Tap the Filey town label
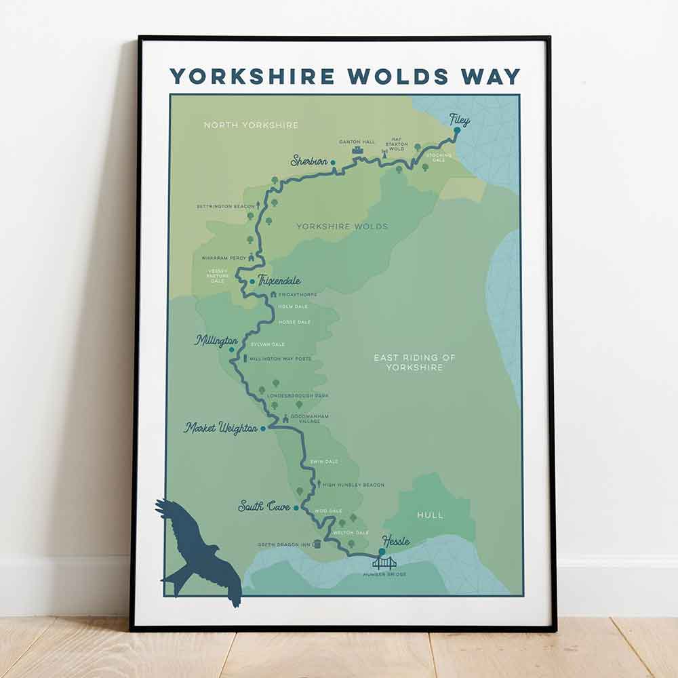click(459, 120)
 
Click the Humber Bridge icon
click(384, 562)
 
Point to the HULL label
click(430, 515)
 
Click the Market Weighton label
click(221, 428)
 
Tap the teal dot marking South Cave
click(296, 506)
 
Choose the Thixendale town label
click(279, 281)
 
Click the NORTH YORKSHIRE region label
click(251, 125)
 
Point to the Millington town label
click(216, 340)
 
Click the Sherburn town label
click(309, 161)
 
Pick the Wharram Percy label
click(224, 258)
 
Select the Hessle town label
click(396, 540)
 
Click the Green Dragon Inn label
click(283, 544)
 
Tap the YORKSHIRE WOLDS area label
click(342, 226)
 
